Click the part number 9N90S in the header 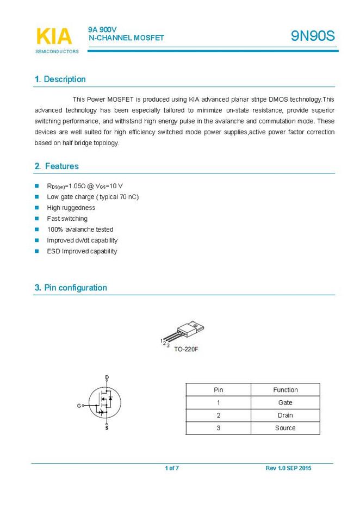[x=312, y=36]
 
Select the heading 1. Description [x=60, y=79]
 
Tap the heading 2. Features [x=57, y=166]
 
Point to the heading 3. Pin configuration [x=71, y=288]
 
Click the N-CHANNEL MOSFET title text [x=126, y=38]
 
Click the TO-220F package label [x=186, y=349]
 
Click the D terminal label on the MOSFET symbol [x=107, y=377]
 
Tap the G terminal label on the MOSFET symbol [x=78, y=406]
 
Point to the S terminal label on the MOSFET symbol [x=107, y=429]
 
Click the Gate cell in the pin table [x=285, y=402]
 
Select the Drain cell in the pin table [x=285, y=415]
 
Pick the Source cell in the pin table [x=285, y=428]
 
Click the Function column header [x=285, y=390]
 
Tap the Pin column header [x=218, y=390]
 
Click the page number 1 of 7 [x=172, y=468]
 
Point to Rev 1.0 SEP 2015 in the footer [x=289, y=468]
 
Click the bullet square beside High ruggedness [x=37, y=208]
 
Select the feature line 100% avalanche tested [x=80, y=229]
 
